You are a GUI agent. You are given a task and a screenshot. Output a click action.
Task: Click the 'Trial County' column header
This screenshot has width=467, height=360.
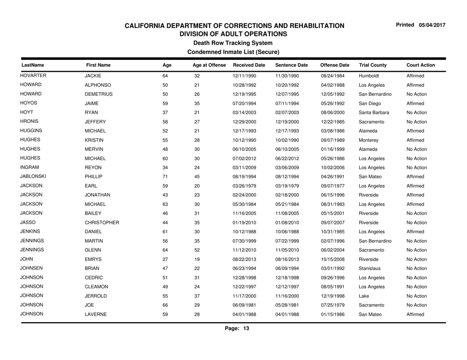tap(373, 64)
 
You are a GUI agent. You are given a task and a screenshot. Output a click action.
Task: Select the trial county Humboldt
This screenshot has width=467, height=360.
tap(369, 77)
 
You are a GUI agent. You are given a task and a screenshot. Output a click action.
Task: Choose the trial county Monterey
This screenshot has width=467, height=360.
tap(370, 138)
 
